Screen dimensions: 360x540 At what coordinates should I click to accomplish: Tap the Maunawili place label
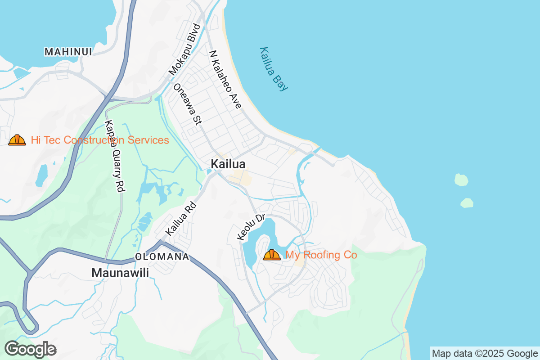pos(120,273)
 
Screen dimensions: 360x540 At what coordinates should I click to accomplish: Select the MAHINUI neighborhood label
pos(68,52)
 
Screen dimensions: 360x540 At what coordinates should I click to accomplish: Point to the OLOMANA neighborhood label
pos(162,257)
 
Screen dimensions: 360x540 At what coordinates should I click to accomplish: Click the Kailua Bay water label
pos(274,69)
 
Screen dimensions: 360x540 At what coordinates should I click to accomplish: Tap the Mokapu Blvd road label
pos(184,49)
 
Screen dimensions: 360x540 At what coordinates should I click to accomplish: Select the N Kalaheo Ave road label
pos(225,79)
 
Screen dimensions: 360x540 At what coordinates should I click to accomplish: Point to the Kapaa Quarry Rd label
pos(114,156)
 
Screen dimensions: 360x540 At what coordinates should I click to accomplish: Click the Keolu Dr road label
pos(251,227)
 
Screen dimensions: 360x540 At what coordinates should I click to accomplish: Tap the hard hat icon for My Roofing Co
pos(272,255)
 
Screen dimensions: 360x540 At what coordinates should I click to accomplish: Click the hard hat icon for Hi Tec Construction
pos(17,140)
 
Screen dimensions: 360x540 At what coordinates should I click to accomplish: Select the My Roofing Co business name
pos(321,255)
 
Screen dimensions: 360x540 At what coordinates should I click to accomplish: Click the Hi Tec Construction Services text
pos(100,140)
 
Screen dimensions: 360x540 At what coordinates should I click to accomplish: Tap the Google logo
pos(30,349)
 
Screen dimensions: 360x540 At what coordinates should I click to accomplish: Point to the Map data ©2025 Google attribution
pos(485,353)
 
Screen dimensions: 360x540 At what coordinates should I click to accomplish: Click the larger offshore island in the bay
pos(461,180)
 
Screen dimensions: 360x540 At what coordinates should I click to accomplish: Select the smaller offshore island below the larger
pos(467,202)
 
